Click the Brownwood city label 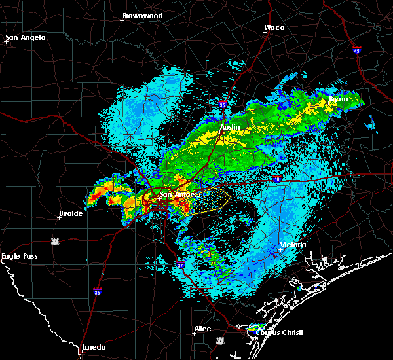(x=142, y=14)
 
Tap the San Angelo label (x=27, y=37)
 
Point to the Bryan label (x=339, y=99)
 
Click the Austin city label (x=230, y=127)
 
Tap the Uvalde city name (x=70, y=213)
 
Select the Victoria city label (x=293, y=245)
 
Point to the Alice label (x=202, y=329)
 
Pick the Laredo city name (x=94, y=347)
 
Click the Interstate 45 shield (x=356, y=50)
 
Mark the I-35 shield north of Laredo (x=97, y=291)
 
